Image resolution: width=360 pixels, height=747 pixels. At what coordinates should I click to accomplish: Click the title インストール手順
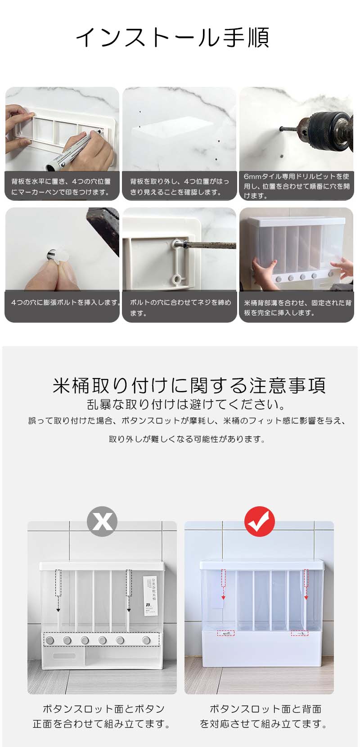pos(172,38)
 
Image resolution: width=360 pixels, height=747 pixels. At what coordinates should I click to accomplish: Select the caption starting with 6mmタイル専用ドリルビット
pos(296,186)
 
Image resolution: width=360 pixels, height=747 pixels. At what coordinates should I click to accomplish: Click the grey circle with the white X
pos(102,521)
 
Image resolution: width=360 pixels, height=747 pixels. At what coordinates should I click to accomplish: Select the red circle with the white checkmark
pos(259,521)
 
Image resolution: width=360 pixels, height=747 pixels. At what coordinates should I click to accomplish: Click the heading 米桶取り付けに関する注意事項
pos(189,385)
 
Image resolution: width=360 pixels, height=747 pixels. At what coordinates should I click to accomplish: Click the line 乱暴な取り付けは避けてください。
pos(186,404)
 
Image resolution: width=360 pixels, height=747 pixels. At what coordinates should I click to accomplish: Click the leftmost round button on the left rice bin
pos(50,640)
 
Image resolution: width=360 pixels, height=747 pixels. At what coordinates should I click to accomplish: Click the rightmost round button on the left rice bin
pos(146,640)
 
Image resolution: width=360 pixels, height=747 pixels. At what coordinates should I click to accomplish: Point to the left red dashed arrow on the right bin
pos(223,585)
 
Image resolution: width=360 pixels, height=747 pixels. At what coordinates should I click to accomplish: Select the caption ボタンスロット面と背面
pos(265,709)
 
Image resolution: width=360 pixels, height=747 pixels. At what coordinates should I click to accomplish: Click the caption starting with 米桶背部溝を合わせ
pos(297,308)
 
